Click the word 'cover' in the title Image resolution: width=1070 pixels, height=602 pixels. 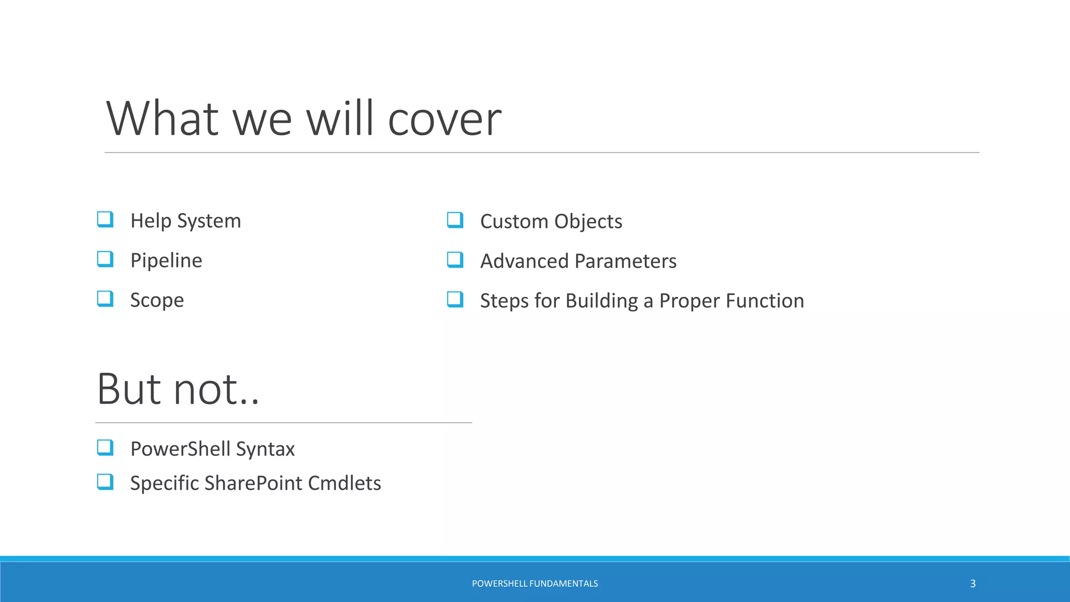444,120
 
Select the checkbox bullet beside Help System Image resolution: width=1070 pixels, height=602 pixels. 105,219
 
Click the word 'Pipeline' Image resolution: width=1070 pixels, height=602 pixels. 166,260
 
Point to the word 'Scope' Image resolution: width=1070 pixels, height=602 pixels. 157,300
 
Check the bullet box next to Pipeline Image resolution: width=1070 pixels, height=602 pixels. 105,259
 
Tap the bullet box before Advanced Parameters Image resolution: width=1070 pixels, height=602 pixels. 455,260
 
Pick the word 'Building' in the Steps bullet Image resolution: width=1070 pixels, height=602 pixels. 601,301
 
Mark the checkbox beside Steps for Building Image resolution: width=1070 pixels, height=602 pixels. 455,299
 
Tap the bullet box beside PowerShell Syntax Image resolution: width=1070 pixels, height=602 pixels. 105,447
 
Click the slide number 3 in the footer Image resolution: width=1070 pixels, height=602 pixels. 972,584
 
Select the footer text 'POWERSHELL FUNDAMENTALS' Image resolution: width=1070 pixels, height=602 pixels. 534,584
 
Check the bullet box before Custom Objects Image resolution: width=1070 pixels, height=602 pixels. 455,220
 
